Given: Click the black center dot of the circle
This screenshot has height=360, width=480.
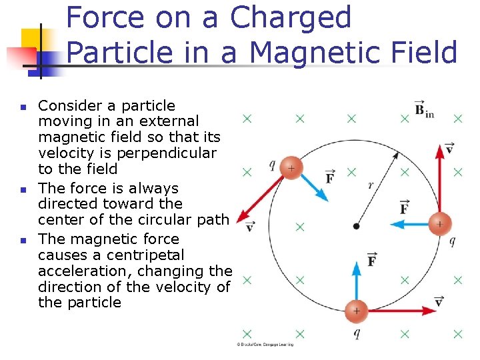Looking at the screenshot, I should (x=356, y=227).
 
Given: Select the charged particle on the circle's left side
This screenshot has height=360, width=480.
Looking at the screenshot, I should (x=291, y=168).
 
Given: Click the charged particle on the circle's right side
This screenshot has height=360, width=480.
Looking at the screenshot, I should (x=439, y=224).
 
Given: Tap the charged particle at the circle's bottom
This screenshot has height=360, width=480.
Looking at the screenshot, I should (x=356, y=311).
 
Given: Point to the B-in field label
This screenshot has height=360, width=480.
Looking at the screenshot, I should (x=423, y=110).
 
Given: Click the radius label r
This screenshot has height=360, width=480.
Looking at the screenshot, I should (x=371, y=185).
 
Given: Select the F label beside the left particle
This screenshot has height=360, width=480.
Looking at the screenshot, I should (x=330, y=177).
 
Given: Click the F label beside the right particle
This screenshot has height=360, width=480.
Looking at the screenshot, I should (x=404, y=207).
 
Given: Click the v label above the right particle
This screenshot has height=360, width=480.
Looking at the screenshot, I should (x=449, y=148).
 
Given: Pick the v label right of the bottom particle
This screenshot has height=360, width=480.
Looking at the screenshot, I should (x=439, y=301).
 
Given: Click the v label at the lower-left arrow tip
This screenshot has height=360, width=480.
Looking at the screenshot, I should (x=249, y=227).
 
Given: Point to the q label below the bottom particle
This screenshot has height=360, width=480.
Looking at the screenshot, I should (x=357, y=333).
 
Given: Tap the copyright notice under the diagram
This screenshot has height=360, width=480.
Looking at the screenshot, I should (x=265, y=344).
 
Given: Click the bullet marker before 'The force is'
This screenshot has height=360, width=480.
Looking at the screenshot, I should (x=22, y=190).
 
